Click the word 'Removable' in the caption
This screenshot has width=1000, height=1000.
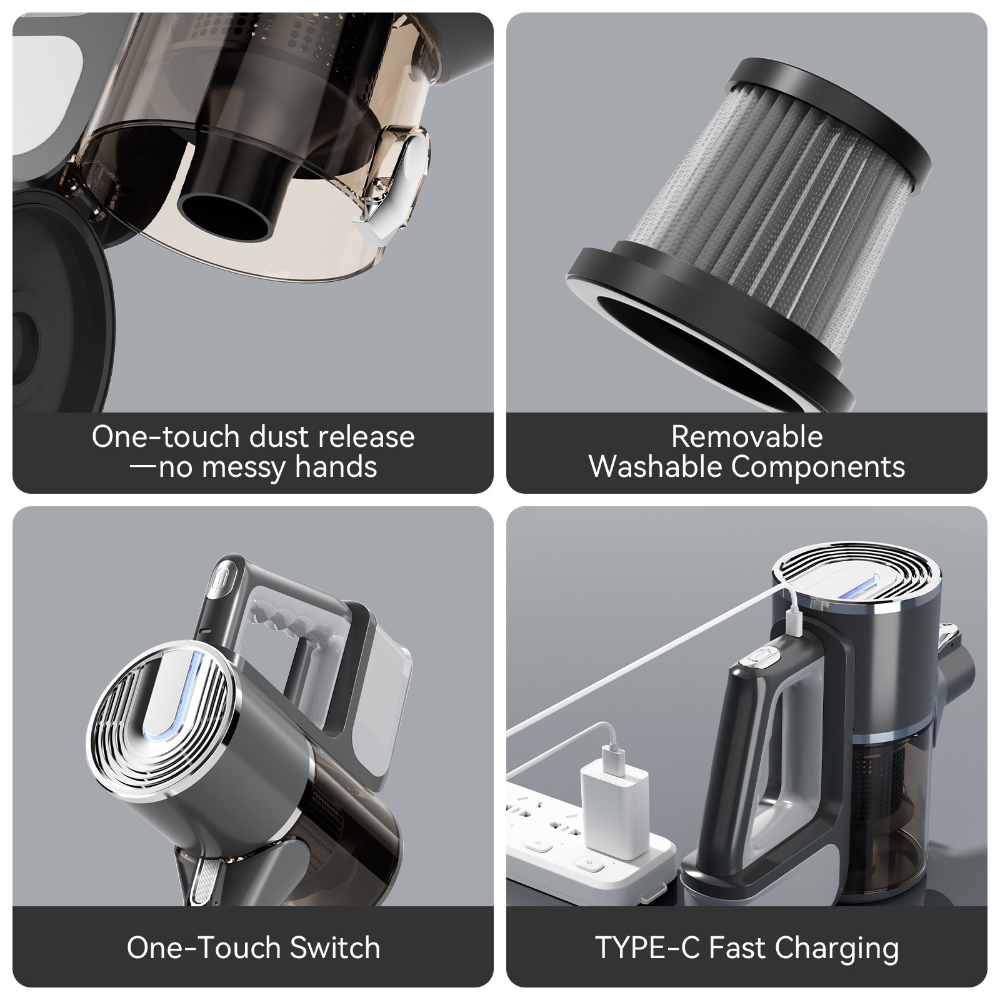point(746,437)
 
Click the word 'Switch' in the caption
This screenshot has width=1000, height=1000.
point(335,947)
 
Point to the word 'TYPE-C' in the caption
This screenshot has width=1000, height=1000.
point(647,947)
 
